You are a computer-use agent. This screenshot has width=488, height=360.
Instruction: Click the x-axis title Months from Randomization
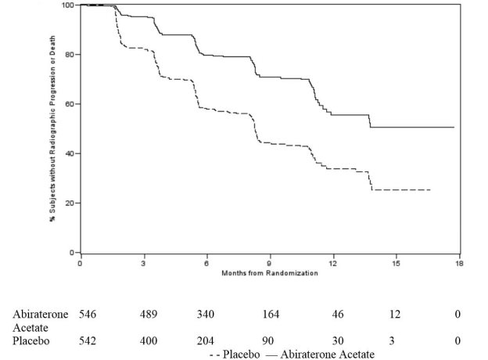click(269, 272)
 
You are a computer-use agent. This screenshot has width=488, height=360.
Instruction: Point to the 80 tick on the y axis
click(69, 55)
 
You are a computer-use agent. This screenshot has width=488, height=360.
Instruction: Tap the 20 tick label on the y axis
click(69, 203)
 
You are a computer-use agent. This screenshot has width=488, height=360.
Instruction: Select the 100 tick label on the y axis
click(67, 5)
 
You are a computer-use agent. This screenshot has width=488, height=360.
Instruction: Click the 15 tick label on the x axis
click(396, 264)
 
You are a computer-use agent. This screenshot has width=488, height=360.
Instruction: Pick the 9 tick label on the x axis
click(270, 264)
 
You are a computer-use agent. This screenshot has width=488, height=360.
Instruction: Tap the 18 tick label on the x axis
click(459, 264)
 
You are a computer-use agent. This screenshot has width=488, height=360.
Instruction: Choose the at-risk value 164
click(270, 314)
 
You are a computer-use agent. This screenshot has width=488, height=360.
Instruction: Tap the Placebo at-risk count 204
click(206, 340)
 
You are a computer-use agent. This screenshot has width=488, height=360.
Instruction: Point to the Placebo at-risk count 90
click(270, 340)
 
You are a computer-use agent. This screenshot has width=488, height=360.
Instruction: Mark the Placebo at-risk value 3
click(396, 340)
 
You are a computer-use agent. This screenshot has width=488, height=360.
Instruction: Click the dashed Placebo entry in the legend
click(235, 354)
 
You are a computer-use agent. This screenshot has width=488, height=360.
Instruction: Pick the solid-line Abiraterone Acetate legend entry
click(321, 354)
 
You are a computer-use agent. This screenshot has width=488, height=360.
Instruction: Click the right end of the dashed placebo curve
click(429, 189)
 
